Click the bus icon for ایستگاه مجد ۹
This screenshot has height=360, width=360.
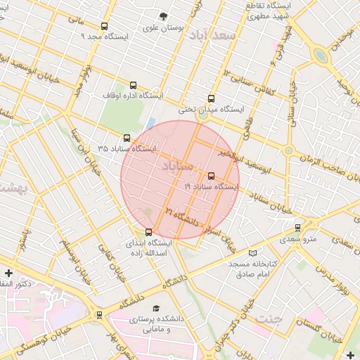point(105,26)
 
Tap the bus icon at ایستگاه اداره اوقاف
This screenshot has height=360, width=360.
point(133,86)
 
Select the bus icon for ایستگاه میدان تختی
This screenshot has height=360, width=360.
point(212,99)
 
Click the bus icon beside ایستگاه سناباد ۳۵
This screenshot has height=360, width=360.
point(127,139)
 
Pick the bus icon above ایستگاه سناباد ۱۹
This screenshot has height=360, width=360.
point(212,175)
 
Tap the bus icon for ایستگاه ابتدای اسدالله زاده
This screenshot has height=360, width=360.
point(148,232)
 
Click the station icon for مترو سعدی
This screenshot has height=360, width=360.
point(298,228)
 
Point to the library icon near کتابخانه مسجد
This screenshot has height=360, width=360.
point(253,253)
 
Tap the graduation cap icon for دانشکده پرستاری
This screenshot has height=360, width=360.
point(155,309)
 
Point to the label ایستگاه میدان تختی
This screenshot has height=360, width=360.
point(210,110)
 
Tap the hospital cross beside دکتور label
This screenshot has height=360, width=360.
point(8,273)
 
